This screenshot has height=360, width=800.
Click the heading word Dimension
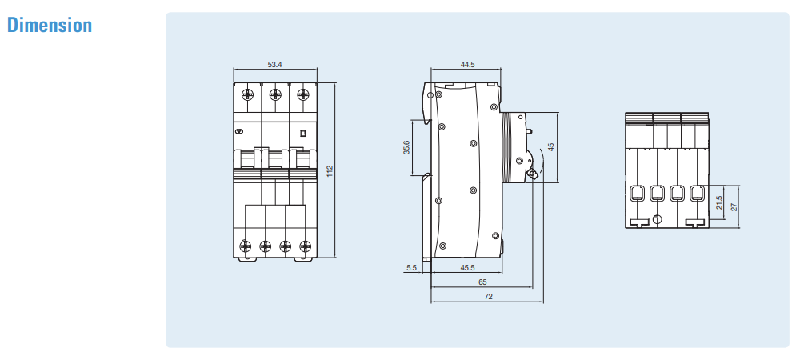[50, 26]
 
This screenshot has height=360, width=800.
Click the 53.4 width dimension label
[274, 65]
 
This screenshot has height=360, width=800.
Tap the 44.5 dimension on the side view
[467, 65]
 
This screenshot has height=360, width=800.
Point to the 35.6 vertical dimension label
[406, 147]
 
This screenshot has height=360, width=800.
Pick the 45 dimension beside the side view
[550, 147]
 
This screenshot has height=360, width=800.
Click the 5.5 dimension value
[412, 268]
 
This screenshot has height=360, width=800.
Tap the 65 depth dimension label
[482, 282]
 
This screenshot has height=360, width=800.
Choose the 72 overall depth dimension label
[487, 297]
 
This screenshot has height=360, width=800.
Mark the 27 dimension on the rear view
[734, 206]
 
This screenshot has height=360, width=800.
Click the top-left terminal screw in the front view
[248, 94]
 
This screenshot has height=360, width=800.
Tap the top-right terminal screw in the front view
[302, 94]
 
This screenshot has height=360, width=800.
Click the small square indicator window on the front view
[302, 134]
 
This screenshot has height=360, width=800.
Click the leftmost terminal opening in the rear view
[638, 193]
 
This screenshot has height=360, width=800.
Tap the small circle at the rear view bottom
[657, 219]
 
